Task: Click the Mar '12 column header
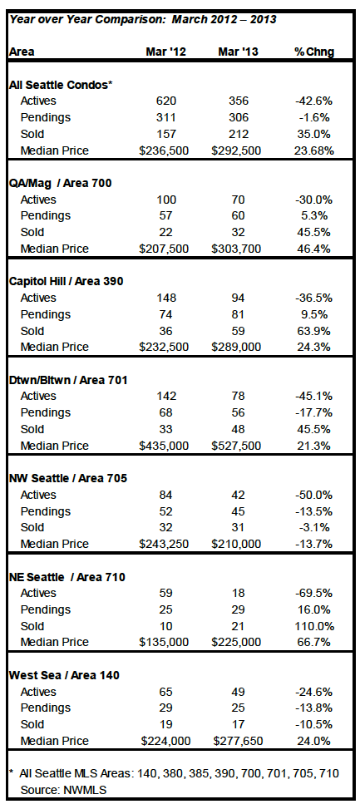165,52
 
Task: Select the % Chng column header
314,52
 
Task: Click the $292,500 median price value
237,150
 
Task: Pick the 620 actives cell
165,101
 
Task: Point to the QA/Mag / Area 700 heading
61,183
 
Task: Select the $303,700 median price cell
237,249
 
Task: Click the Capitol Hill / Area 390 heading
67,282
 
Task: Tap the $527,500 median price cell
237,446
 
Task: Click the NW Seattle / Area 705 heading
68,478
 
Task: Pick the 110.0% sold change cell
314,626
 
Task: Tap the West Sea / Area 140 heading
65,675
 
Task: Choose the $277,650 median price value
237,741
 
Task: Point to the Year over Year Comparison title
143,20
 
